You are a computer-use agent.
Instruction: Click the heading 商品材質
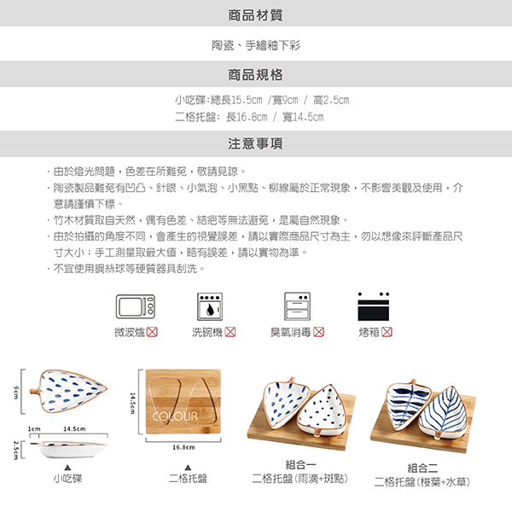click(x=255, y=15)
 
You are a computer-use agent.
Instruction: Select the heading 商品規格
click(x=255, y=75)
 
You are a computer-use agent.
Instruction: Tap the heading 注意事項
click(x=255, y=143)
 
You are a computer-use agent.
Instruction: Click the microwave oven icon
click(x=136, y=306)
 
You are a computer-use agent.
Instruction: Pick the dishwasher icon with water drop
click(x=210, y=306)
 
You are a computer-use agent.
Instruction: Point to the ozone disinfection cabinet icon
click(x=297, y=306)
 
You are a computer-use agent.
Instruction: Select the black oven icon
click(x=374, y=306)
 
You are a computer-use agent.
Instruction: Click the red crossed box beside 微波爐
click(x=152, y=332)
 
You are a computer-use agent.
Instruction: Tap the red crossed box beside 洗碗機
click(x=230, y=332)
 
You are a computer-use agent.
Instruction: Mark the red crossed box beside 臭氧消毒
click(x=318, y=332)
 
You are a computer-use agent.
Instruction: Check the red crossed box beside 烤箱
click(x=387, y=332)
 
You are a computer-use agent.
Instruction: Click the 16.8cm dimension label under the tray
click(x=183, y=447)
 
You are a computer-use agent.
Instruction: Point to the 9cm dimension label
click(x=15, y=393)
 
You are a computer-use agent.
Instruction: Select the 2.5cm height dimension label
click(x=15, y=450)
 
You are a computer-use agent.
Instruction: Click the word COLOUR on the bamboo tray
click(x=175, y=416)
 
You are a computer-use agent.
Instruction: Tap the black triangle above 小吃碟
click(x=67, y=468)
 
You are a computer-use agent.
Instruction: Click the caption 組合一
click(x=300, y=465)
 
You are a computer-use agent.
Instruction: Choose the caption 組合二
click(x=422, y=468)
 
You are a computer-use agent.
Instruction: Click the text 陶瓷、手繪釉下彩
click(x=256, y=45)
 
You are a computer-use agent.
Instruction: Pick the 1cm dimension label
click(x=34, y=428)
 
